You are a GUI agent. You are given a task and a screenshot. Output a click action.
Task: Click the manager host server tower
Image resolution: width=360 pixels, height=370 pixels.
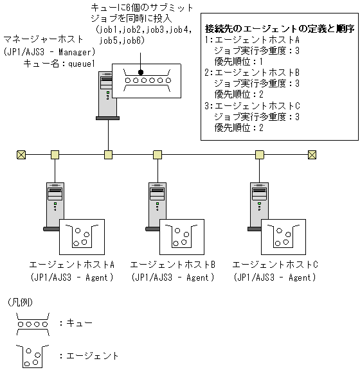[x=107, y=96]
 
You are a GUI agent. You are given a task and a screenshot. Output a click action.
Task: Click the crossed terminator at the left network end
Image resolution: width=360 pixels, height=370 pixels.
[x=21, y=154]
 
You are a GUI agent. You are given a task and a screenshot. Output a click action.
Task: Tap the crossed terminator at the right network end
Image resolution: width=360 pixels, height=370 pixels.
[x=312, y=154]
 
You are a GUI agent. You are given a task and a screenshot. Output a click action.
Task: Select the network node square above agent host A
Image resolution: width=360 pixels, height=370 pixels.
[x=55, y=154]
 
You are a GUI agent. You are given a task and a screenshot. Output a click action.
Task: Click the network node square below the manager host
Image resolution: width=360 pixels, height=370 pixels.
[x=108, y=154]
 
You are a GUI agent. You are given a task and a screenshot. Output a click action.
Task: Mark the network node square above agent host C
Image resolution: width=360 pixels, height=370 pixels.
[x=260, y=154]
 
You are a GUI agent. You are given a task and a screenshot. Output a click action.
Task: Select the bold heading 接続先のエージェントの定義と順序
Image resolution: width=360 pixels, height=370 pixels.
[x=280, y=29]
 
